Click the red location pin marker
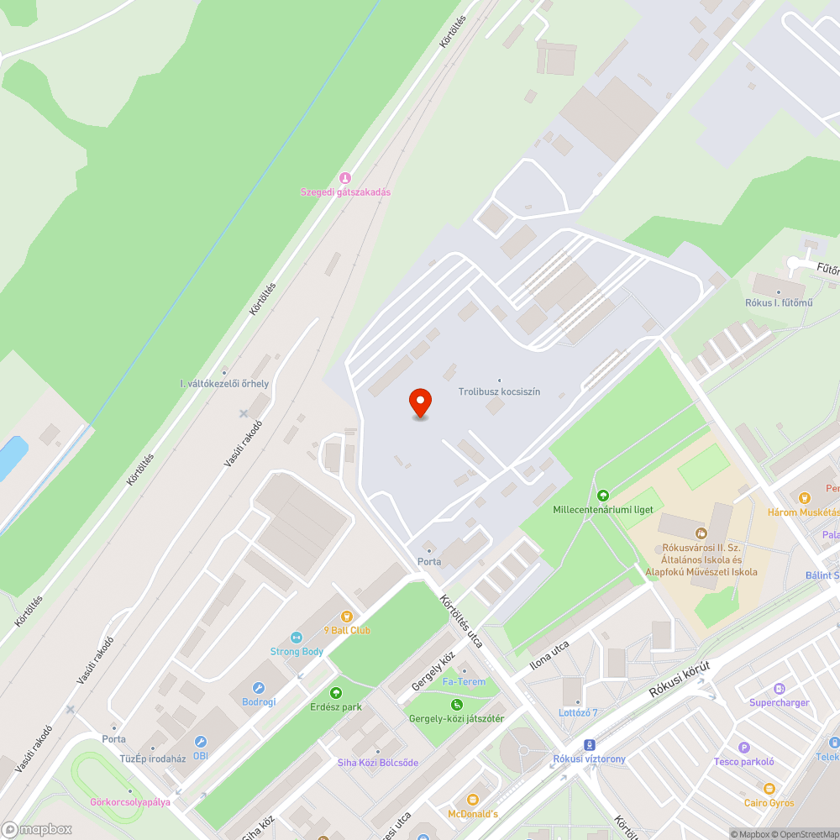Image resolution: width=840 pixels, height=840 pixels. coord(419,403)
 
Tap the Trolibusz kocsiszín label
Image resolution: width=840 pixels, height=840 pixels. coord(499,392)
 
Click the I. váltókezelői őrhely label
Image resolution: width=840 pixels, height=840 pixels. coord(224,384)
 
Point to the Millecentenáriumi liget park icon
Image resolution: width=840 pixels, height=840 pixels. coord(602,496)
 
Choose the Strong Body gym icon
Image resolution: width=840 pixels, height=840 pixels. coord(296,638)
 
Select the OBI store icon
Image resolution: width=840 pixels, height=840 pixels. coord(200,742)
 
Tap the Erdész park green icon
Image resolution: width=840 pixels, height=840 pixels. coord(336,693)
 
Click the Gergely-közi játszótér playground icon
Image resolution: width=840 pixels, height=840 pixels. coord(456,705)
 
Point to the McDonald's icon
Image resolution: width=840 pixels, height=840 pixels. coord(472,800)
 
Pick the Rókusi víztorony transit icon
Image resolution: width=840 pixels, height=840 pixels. coord(590,745)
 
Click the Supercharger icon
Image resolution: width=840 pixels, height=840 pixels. coord(780,689)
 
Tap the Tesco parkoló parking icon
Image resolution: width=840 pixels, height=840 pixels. coord(743,748)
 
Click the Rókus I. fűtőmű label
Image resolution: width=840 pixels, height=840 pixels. coord(779,302)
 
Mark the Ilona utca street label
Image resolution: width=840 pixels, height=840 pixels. coord(549,656)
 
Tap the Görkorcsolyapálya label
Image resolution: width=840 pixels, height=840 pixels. coord(130,801)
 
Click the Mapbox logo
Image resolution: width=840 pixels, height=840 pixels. coord(37,829)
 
